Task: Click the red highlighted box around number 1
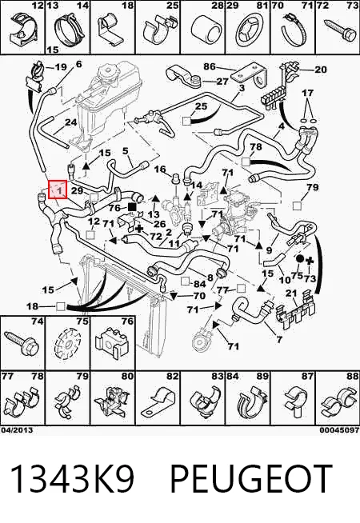point(58,190)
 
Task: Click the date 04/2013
point(17,430)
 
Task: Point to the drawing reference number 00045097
point(339,430)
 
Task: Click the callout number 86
point(210,66)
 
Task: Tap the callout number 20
point(320,70)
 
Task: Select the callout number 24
point(70,122)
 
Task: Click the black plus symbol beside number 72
point(140,229)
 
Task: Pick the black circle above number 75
point(299,258)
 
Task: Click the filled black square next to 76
point(132,207)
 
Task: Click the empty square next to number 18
point(60,306)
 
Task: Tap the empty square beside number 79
point(297,206)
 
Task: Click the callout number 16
point(160,169)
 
